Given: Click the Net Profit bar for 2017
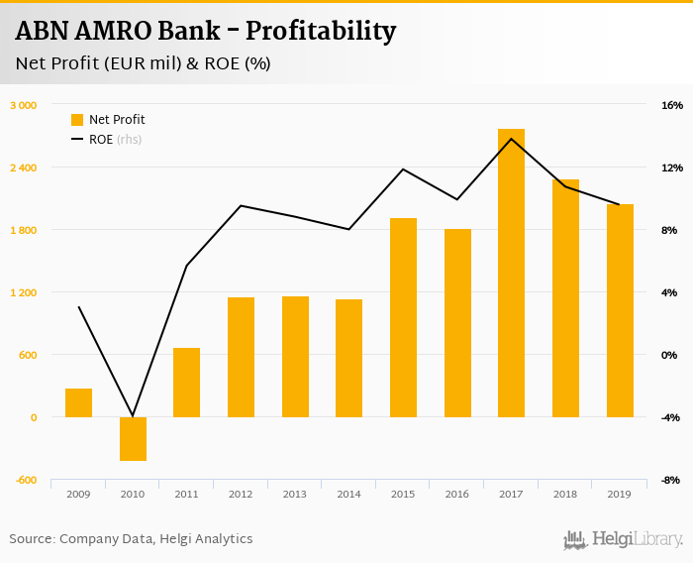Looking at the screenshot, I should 511,273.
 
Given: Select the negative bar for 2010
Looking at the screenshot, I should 133,439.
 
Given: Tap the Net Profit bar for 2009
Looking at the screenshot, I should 78,402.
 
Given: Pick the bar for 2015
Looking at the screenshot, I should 403,317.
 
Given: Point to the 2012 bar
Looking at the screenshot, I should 241,357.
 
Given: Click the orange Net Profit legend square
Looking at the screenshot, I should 77,120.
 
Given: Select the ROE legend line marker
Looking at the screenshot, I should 77,140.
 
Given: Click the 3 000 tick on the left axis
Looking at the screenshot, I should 24,105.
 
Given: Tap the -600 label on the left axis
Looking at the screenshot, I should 25,481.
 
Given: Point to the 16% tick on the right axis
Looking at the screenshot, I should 671,105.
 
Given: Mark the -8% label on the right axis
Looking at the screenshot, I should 671,481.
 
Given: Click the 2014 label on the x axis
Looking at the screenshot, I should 348,494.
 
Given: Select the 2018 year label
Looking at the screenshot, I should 565,494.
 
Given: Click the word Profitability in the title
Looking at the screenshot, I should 321,32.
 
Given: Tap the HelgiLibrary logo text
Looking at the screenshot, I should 637,540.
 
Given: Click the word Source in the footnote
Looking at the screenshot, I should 31,539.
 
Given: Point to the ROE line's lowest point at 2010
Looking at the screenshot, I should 133,416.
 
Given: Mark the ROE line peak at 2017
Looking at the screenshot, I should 511,138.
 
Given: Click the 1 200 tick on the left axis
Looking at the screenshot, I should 24,292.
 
